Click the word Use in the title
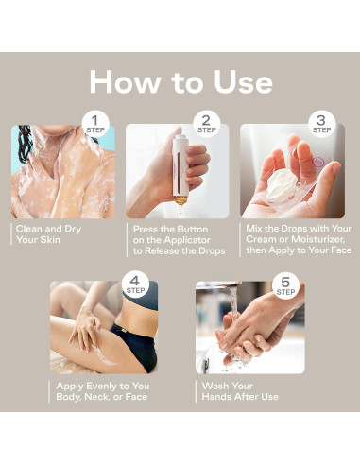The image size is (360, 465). pos(243,82)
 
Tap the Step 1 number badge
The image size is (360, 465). pos(95,124)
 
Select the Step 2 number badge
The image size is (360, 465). pos(206,124)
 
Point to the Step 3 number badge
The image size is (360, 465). pos(321,124)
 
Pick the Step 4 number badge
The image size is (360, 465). pos(135,284)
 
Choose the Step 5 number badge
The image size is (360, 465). pos(285,285)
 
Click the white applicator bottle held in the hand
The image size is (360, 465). pos(180,168)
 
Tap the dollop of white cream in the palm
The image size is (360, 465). pos(281,185)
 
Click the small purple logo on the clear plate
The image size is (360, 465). pos(317,162)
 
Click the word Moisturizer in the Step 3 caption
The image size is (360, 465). pos(318,239)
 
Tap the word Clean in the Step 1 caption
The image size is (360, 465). pos(29,229)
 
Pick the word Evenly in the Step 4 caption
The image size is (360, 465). pos(102,386)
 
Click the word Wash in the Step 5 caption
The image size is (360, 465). pos(214,386)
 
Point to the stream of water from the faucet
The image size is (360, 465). pos(233,302)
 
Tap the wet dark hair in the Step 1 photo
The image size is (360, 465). pos(24,144)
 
